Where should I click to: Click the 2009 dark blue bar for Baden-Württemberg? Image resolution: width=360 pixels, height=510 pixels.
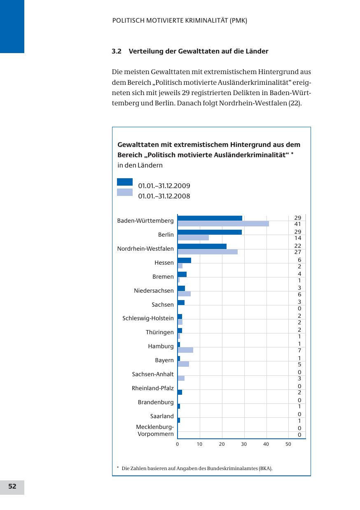point(210,218)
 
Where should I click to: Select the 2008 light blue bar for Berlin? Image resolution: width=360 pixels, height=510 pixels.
point(193,238)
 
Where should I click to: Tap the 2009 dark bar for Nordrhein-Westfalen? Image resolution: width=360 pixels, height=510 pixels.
point(202,246)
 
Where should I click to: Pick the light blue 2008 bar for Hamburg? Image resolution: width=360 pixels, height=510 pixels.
point(185,350)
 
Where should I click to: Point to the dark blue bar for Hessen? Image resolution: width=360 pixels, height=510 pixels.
point(184,260)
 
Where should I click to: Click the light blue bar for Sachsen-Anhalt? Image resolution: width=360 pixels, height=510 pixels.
point(181,378)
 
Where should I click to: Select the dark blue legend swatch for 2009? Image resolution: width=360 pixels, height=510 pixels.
point(125,182)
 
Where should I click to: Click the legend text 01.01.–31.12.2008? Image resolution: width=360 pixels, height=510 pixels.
point(164,196)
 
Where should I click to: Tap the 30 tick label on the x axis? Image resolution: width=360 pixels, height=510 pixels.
point(244,445)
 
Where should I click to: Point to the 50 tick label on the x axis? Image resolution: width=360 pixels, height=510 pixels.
point(288,445)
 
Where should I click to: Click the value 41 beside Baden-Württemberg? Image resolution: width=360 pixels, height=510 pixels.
point(297,224)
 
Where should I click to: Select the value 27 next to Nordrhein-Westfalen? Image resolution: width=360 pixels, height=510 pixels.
point(297,252)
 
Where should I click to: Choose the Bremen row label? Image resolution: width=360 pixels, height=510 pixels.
point(163,277)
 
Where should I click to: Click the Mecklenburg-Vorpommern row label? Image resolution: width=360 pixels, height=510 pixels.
point(155,431)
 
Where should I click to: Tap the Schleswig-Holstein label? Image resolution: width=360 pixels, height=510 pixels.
point(148,318)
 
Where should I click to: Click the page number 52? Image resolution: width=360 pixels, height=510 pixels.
point(12,487)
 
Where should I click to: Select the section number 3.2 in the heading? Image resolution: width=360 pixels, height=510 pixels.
point(117,51)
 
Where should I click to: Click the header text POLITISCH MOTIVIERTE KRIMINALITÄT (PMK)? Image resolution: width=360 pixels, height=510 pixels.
point(180,21)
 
